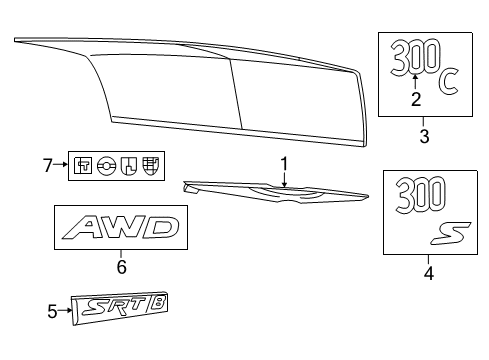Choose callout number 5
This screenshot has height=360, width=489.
click(x=54, y=312)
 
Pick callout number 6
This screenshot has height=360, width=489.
click(x=121, y=266)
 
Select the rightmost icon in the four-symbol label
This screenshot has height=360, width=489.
click(x=150, y=166)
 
